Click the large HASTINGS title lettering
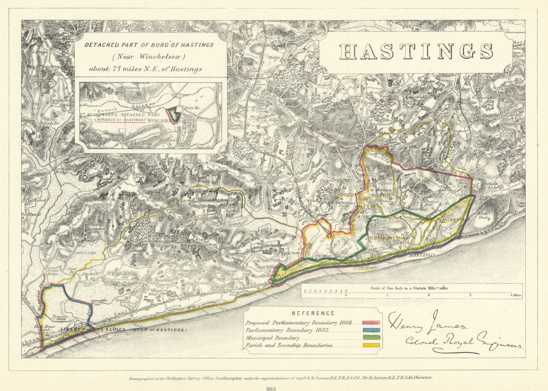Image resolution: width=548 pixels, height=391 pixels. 416,51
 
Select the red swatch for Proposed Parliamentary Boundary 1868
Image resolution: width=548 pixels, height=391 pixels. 372,323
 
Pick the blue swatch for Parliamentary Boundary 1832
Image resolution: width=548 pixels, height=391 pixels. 372,330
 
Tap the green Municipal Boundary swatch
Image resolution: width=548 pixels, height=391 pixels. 372,338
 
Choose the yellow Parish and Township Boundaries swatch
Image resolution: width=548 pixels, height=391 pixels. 372,345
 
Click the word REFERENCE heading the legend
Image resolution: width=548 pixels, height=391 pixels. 313,313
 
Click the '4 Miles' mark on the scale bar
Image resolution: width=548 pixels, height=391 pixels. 516,295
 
